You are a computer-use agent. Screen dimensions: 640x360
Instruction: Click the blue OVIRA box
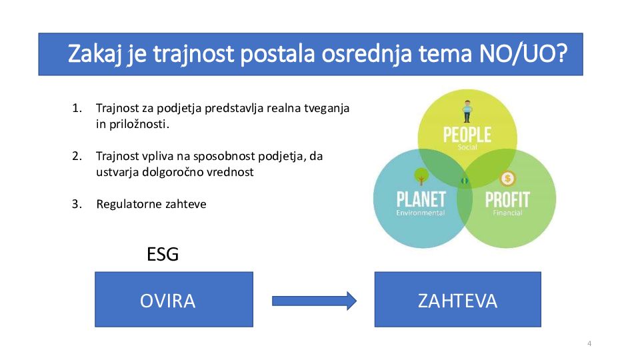coord(174,299)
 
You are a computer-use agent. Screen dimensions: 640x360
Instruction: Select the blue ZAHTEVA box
coord(457,299)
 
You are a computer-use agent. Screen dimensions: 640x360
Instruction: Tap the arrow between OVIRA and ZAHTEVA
coord(314,301)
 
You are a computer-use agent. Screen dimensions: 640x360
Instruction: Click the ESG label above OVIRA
coord(163,254)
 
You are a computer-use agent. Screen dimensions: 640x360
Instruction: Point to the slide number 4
coord(589,343)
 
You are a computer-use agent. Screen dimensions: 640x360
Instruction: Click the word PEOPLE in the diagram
coord(467,135)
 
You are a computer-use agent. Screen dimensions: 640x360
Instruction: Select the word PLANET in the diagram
coord(421,199)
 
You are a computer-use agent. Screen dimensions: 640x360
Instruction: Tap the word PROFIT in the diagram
coord(507,199)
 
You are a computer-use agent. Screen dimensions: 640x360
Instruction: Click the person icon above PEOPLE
coord(467,111)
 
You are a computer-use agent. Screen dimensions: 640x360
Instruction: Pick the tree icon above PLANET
coord(421,176)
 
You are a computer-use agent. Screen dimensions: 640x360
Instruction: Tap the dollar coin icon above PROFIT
coord(507,179)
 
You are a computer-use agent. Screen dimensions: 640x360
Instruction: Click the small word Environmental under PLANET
coord(421,213)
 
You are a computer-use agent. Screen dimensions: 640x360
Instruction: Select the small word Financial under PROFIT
coord(507,213)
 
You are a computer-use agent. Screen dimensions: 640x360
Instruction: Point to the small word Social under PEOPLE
coord(467,147)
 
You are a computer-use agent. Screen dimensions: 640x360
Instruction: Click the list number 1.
coord(77,108)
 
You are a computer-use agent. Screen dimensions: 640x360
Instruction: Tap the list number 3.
coord(77,204)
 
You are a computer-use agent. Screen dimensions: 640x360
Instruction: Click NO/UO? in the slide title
coord(523,53)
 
